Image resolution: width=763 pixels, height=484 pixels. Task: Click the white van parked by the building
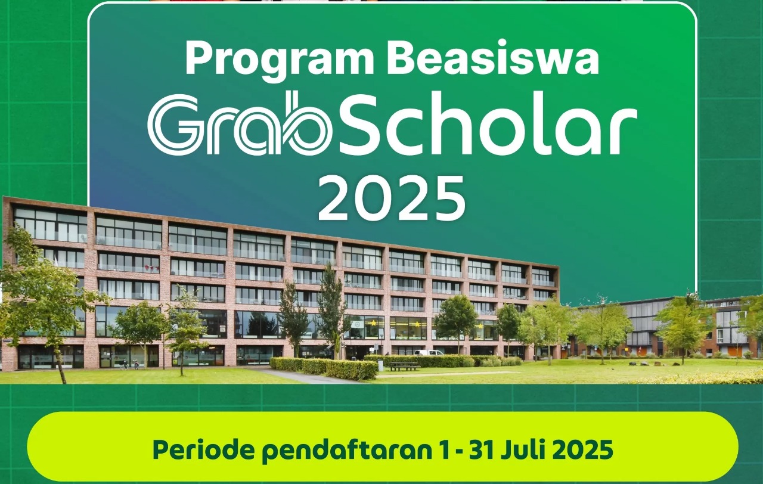(429, 353)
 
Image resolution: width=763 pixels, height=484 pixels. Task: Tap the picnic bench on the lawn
(405, 366)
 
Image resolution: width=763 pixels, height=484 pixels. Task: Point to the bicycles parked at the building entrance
(129, 364)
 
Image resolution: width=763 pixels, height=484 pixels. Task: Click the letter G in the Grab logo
(173, 126)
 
